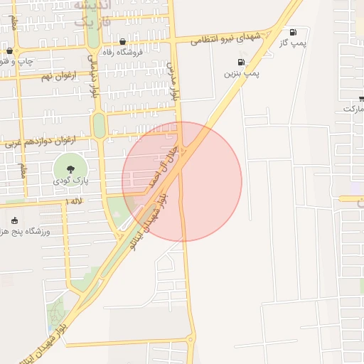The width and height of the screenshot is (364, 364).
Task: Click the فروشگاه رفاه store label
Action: click(x=123, y=52)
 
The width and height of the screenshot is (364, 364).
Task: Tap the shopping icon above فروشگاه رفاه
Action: click(x=123, y=42)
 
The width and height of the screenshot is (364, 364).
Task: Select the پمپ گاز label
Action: click(x=292, y=43)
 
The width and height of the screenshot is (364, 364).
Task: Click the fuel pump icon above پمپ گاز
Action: click(x=293, y=33)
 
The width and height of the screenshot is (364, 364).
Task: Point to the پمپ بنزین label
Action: click(x=242, y=73)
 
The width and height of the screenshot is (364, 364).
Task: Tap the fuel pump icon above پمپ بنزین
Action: click(x=241, y=63)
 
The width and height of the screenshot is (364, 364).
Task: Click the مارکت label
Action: click(x=353, y=109)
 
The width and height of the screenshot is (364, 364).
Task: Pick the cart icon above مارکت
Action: click(x=362, y=98)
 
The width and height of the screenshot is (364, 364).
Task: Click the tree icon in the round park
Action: click(x=70, y=169)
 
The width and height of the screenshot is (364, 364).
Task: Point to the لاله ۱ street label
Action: click(x=73, y=203)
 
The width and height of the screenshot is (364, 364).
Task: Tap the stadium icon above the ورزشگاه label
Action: click(x=15, y=221)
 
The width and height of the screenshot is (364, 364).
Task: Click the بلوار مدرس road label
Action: click(x=172, y=80)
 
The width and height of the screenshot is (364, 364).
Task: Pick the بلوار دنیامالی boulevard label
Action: click(x=92, y=77)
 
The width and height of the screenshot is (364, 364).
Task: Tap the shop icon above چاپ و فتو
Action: click(x=9, y=51)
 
